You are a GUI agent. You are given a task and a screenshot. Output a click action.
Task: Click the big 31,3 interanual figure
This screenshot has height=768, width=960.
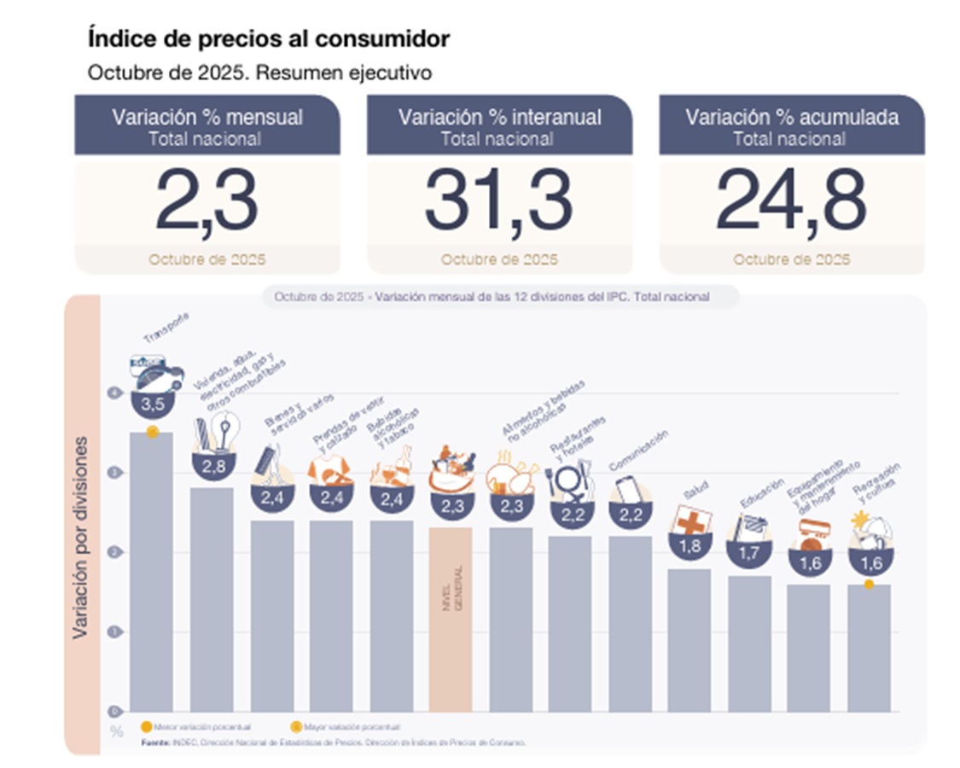point(499,201)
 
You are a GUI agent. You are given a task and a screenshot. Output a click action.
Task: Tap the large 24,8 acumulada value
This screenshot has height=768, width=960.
point(791,201)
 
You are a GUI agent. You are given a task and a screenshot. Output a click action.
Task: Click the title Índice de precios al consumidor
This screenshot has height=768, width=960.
point(269,38)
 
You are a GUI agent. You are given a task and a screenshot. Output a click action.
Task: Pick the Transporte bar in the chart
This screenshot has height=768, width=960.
point(152,572)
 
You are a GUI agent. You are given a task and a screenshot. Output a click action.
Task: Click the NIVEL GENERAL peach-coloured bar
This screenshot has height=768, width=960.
point(451,619)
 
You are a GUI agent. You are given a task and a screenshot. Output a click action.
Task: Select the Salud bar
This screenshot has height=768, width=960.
point(689,640)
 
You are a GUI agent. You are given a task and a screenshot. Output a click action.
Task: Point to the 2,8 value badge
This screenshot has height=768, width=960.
point(212,465)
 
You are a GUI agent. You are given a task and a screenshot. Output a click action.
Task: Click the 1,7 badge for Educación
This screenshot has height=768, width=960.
point(748,553)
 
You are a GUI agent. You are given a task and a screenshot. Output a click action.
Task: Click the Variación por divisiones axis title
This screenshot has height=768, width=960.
point(80,538)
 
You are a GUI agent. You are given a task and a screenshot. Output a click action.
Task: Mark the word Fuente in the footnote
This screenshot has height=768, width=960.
point(154,742)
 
